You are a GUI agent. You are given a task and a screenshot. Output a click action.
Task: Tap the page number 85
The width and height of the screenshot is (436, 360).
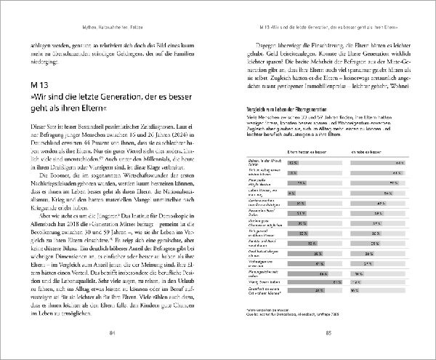pyautogui.click(x=328, y=333)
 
